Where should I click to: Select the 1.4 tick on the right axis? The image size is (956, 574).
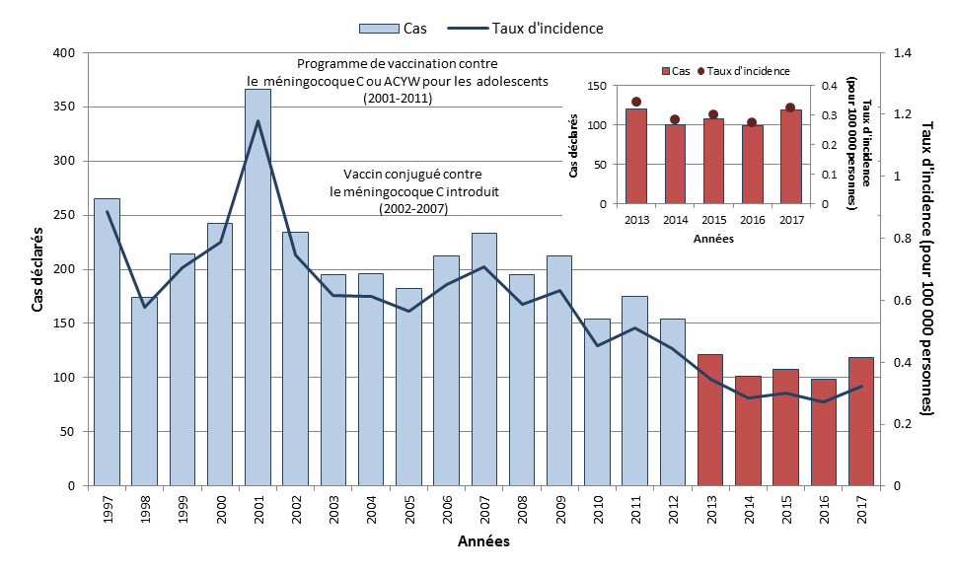click(x=903, y=52)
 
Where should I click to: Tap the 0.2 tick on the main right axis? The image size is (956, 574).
click(x=903, y=424)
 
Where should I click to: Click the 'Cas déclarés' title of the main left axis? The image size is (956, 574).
click(x=38, y=269)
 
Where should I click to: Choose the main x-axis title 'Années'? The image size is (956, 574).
click(x=483, y=542)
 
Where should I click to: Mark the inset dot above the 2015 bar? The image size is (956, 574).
click(x=713, y=114)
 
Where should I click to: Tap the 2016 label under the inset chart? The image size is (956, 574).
click(x=752, y=219)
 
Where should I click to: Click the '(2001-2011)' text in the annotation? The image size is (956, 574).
click(x=398, y=100)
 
